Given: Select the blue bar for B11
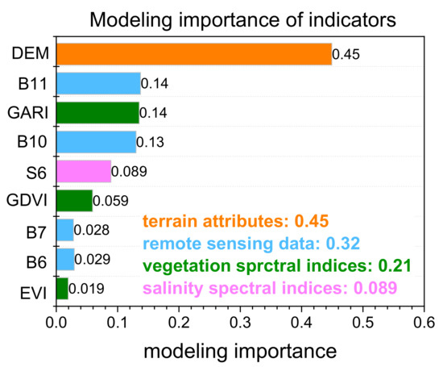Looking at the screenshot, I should (x=98, y=83).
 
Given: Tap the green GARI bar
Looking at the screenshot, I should (x=97, y=112).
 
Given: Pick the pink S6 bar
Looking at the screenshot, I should (x=84, y=171).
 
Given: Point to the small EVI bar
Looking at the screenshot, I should (x=62, y=288).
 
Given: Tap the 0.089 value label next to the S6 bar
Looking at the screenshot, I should (x=129, y=171).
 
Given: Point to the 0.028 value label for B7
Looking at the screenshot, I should (x=91, y=230).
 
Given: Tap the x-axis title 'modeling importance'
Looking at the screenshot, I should (x=240, y=351).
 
